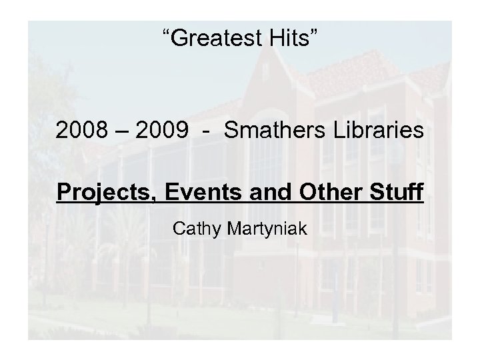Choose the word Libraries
click(x=375, y=131)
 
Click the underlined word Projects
click(x=95, y=193)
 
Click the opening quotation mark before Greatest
click(x=167, y=35)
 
